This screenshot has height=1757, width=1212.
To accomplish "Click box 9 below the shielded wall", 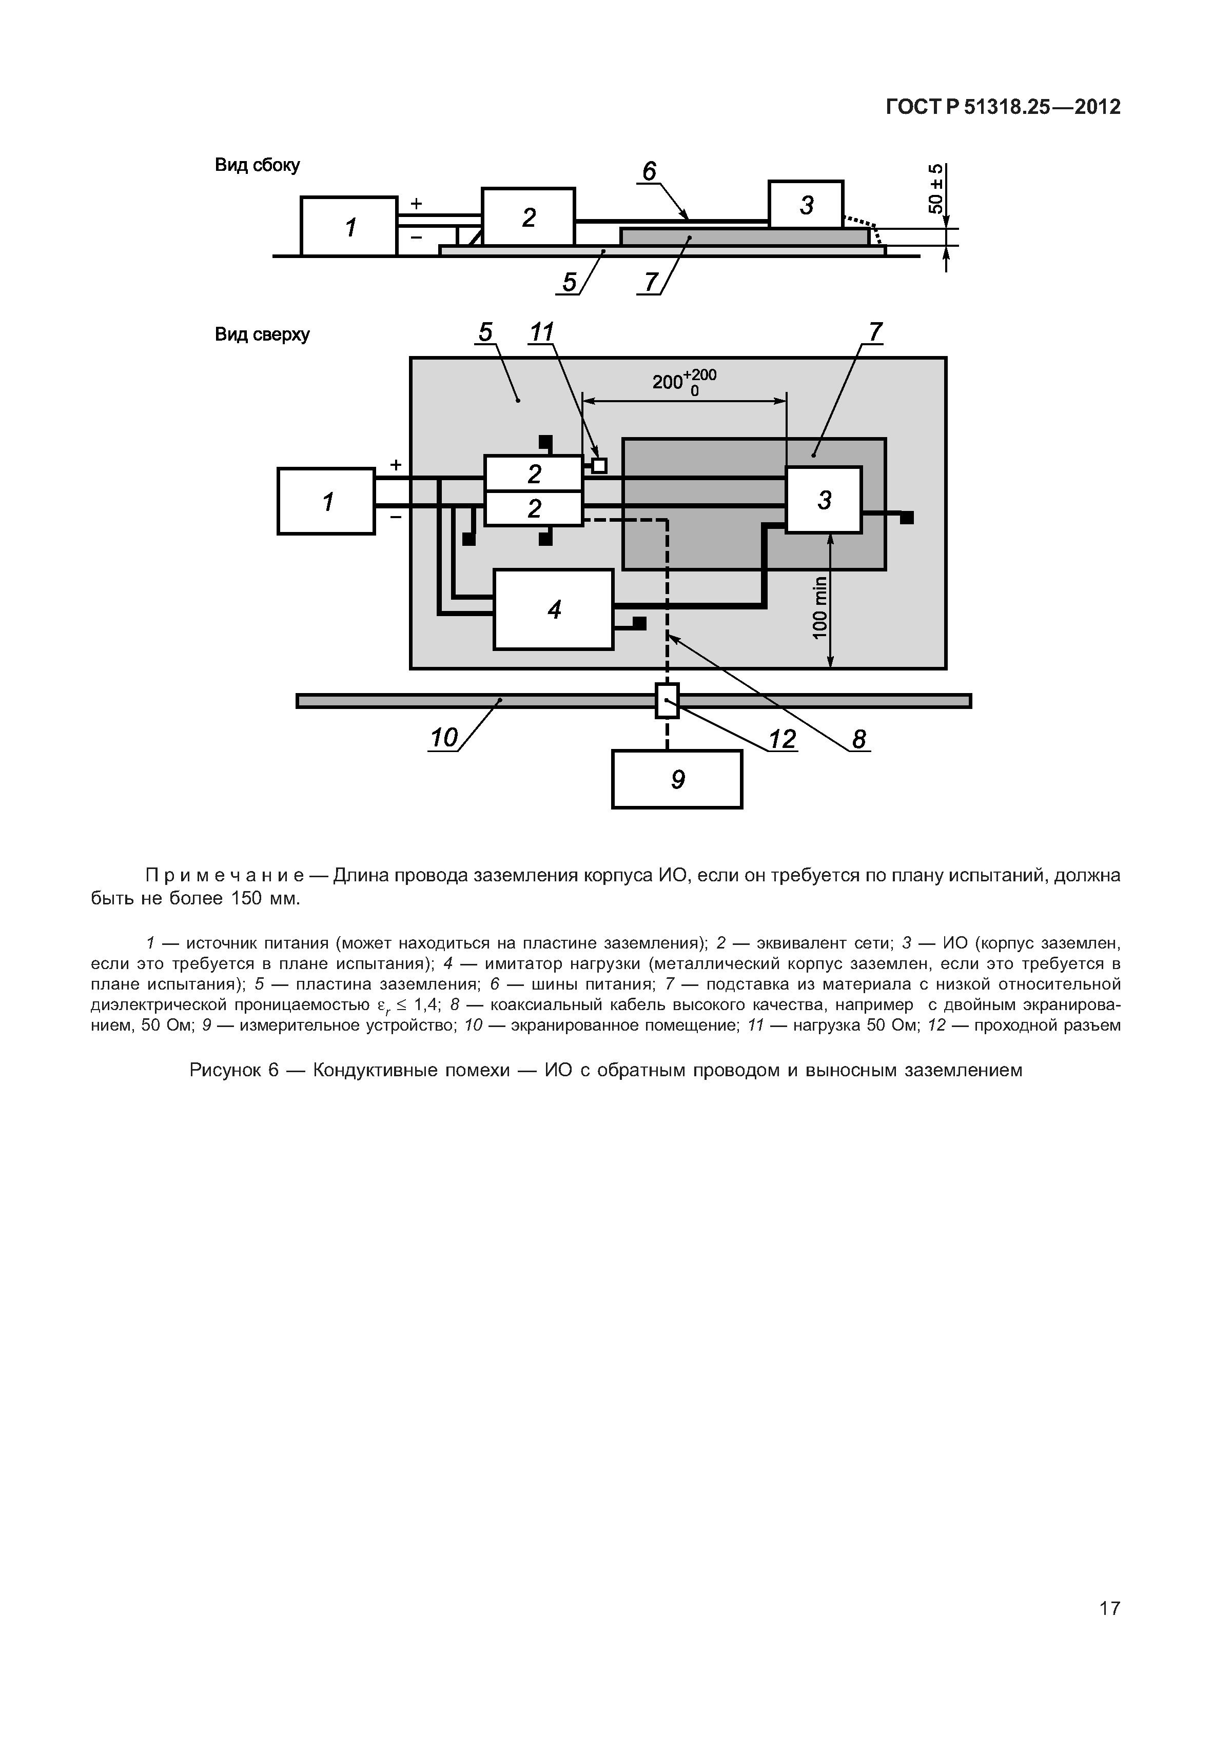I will [677, 779].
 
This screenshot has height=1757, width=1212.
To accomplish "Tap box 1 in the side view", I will [349, 226].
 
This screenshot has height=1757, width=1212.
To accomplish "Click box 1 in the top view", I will [326, 501].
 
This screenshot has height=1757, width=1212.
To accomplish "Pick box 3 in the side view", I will [806, 204].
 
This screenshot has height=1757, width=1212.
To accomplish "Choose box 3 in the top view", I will [823, 500].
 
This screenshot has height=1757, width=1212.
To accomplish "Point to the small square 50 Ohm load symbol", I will [599, 465].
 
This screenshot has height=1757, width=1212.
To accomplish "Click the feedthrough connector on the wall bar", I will [667, 700].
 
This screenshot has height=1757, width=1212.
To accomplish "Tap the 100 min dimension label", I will [818, 607].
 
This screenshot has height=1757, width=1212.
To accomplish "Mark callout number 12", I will [781, 739].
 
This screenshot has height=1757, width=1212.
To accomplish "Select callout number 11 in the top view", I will [541, 332].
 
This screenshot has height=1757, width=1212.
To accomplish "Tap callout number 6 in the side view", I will [649, 172].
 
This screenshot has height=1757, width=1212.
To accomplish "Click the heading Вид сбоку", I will [258, 165].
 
